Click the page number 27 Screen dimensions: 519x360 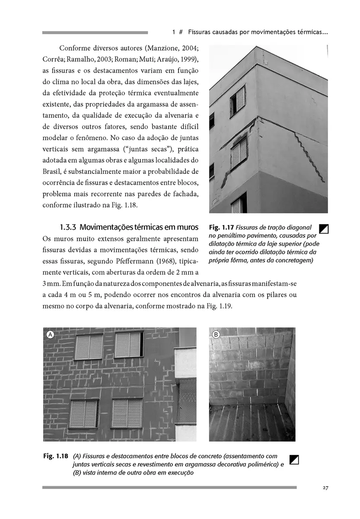325,488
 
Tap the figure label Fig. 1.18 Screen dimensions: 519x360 56,456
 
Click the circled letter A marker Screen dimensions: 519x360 50,334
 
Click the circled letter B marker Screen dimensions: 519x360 216,334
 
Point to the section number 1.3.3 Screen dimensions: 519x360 68,227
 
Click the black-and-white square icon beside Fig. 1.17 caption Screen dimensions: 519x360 323,228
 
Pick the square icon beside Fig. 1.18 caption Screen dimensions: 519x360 294,459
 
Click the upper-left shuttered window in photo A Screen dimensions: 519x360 89,346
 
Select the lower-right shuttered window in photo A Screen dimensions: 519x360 127,413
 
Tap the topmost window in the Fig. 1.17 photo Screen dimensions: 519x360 238,100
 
